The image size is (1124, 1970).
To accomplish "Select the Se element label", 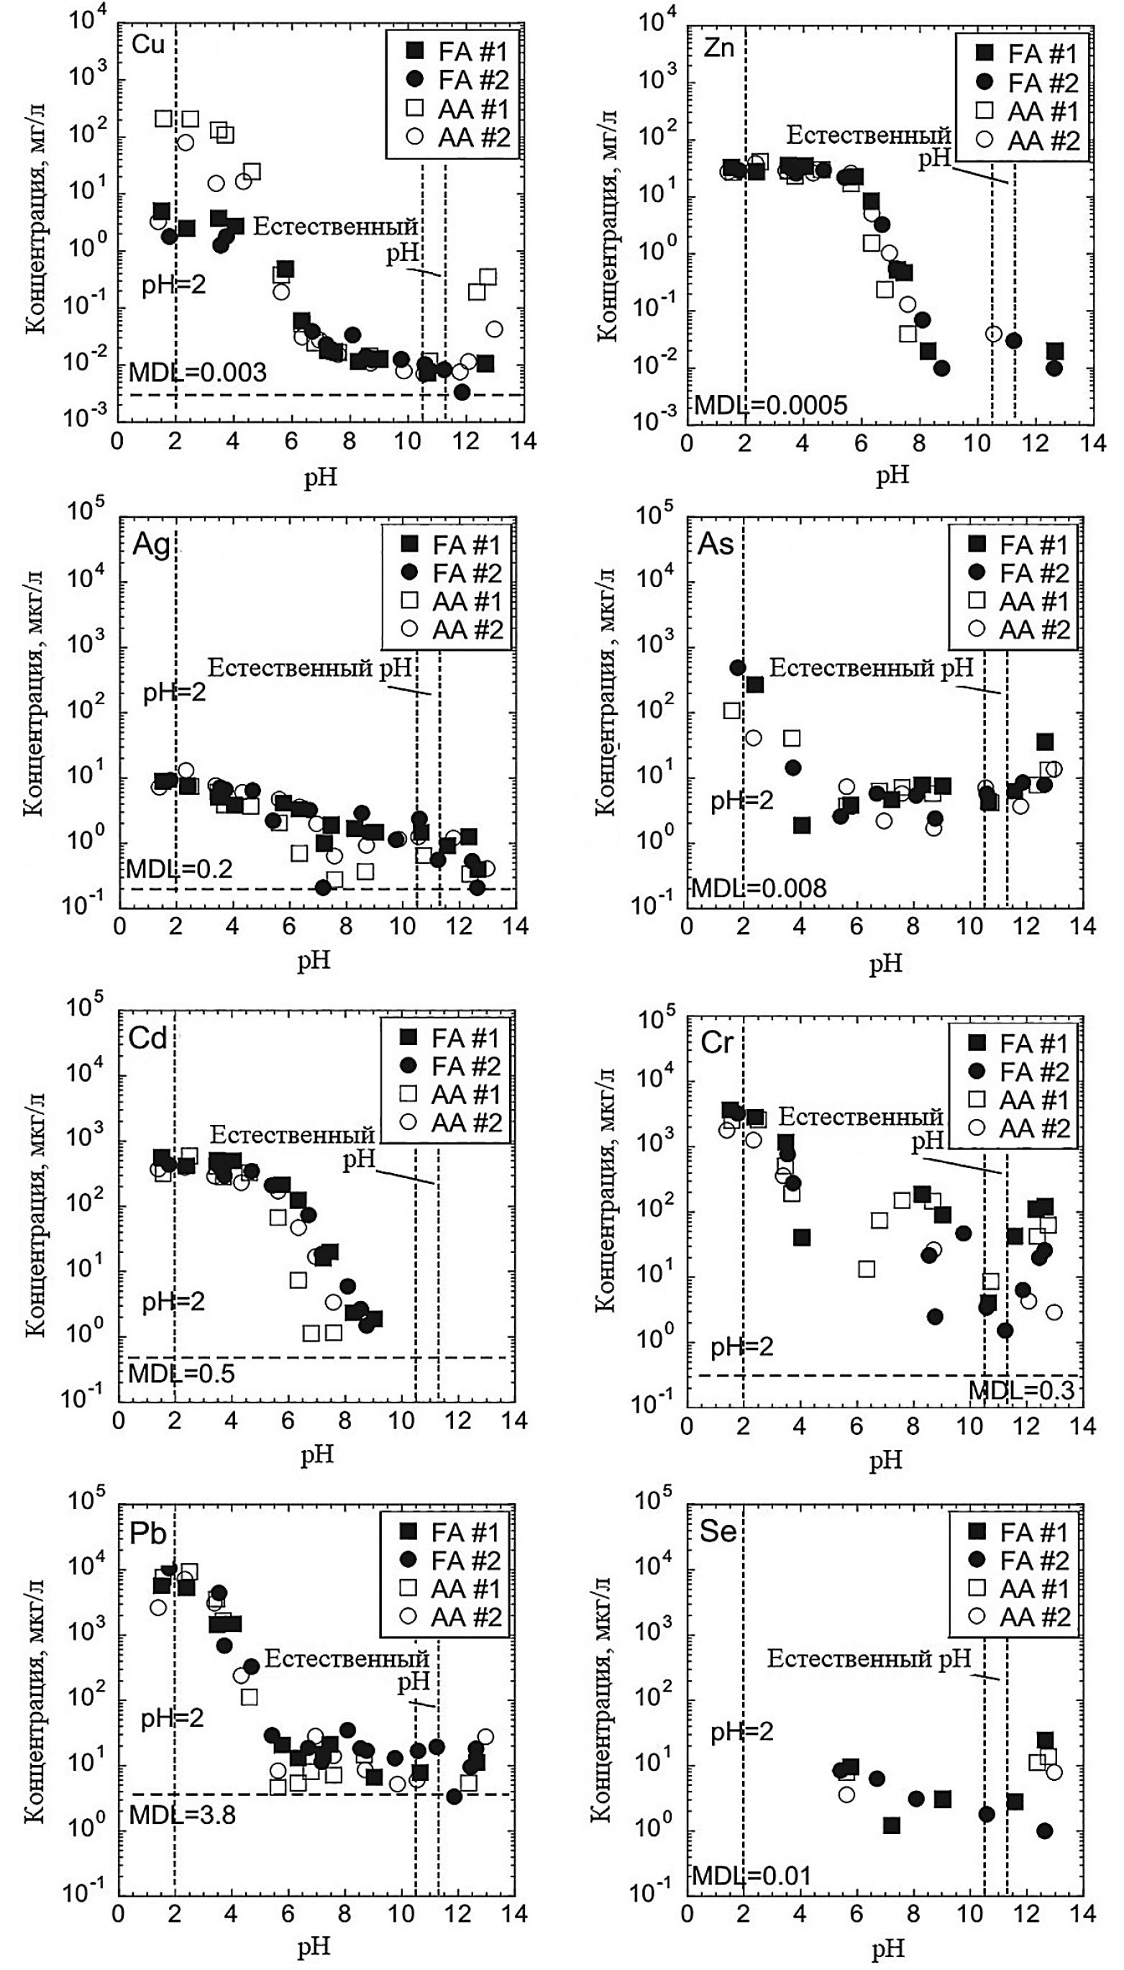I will click(x=717, y=1530).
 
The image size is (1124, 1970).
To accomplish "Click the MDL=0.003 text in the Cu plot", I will click(x=198, y=373).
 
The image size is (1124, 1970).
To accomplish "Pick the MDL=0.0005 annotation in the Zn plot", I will click(x=770, y=404).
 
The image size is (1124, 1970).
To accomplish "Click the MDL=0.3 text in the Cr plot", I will click(x=1020, y=1390).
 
